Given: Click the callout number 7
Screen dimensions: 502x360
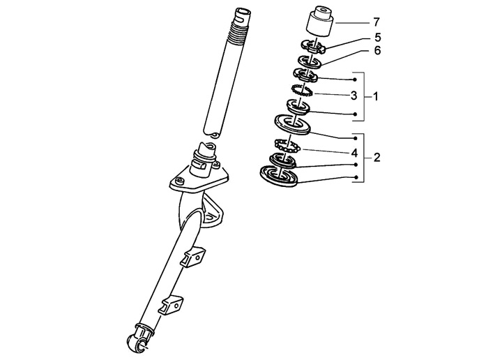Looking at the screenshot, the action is (x=376, y=22).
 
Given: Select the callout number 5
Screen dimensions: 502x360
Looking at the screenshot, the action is (x=378, y=38).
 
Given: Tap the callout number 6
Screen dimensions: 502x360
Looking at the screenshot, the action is (x=378, y=51).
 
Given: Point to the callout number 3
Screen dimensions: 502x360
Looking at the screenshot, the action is (x=353, y=96).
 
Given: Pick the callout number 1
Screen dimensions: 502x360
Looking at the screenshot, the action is (x=376, y=96).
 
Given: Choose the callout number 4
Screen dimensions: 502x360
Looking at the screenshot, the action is (x=354, y=153).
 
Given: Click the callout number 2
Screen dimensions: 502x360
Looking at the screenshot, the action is (x=376, y=157).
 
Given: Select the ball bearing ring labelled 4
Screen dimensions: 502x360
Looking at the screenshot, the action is (x=287, y=145).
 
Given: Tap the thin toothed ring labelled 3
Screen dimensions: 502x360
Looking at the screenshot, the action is (x=302, y=90).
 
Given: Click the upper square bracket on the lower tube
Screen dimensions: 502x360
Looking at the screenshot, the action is (x=193, y=256).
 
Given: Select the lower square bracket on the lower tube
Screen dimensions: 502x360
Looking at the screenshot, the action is (x=172, y=306).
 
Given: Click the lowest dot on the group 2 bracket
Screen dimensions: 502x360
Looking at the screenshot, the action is (x=356, y=177).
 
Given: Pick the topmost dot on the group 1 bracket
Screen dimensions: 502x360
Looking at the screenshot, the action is (x=355, y=80).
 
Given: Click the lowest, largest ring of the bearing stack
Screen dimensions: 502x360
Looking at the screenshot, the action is (x=279, y=176).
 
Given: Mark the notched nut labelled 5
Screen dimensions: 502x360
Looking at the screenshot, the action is (x=313, y=47).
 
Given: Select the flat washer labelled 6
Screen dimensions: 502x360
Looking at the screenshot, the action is (x=309, y=61).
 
